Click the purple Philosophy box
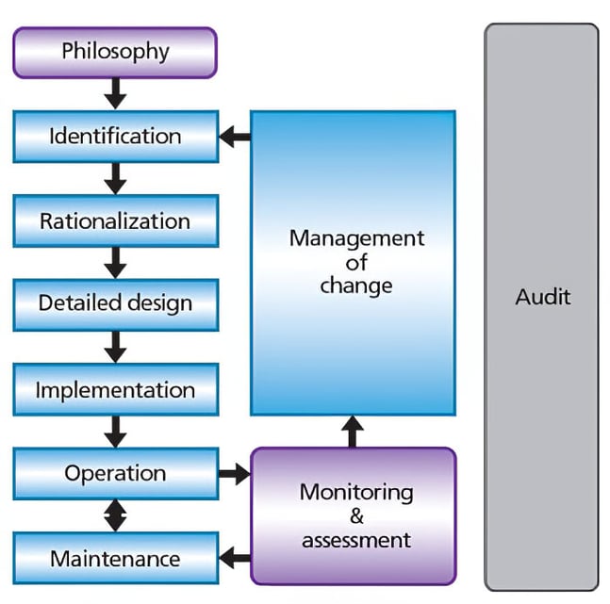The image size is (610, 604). point(114,51)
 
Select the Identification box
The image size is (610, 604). point(115,136)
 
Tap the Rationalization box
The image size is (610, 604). point(115,221)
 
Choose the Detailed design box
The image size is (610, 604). point(115,303)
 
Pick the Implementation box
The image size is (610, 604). point(115,389)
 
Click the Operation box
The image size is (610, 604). point(115,473)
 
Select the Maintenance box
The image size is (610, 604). point(115,558)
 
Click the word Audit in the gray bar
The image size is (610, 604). point(542,297)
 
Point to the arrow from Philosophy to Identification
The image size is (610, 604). point(115,92)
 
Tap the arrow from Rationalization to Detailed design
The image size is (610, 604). point(115,262)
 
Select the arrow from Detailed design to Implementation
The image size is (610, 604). point(115,346)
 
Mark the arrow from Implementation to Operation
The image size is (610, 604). point(115,432)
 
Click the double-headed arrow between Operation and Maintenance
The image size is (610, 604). point(115,515)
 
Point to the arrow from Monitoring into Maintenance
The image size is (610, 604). point(235,558)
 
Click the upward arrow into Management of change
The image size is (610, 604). point(353,432)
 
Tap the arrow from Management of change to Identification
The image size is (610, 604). point(235,138)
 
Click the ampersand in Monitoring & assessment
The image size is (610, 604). point(355,516)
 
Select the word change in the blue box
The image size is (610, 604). point(355,285)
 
